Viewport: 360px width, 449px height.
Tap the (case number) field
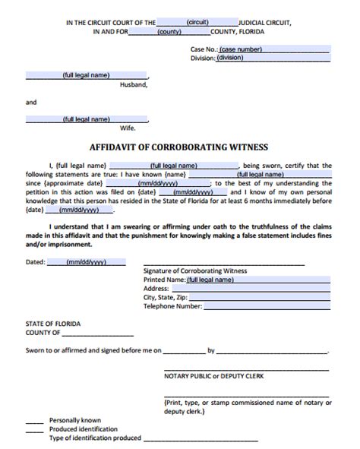point(272,49)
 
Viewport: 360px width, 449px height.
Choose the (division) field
point(272,58)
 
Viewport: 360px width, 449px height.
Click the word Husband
point(134,85)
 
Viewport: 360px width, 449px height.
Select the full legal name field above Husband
point(87,76)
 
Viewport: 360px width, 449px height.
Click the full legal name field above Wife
point(87,119)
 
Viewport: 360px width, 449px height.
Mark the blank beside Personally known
point(34,419)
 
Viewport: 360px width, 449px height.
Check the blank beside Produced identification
point(34,428)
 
